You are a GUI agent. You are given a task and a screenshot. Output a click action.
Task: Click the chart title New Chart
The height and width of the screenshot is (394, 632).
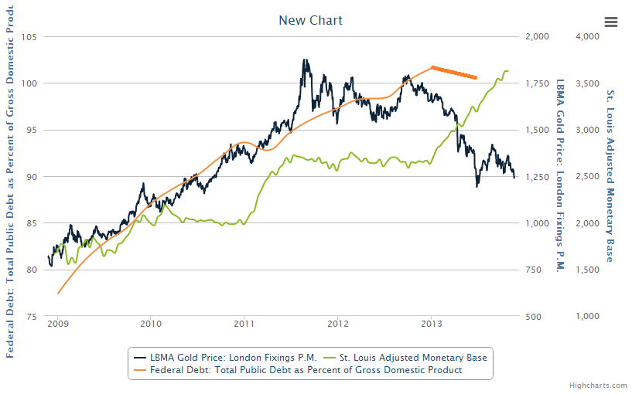(310, 20)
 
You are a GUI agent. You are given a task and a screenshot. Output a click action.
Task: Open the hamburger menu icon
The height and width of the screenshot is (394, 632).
(611, 22)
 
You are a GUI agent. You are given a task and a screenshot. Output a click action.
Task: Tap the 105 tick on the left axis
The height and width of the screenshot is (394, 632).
(30, 36)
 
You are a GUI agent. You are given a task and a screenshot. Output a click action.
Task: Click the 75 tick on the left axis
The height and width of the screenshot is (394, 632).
(32, 317)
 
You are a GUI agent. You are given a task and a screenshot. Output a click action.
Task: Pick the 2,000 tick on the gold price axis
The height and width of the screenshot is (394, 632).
(536, 36)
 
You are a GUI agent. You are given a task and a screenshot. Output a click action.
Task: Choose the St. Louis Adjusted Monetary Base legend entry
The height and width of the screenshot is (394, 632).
(406, 357)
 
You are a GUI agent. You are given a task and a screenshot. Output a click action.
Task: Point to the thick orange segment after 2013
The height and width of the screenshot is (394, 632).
(454, 73)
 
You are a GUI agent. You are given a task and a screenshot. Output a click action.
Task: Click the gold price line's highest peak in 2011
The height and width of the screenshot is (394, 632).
(304, 60)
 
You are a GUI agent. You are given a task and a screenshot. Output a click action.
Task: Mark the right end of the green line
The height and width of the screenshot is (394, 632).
(507, 71)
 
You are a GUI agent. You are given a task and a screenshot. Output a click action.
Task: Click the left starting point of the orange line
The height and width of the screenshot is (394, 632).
(58, 294)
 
